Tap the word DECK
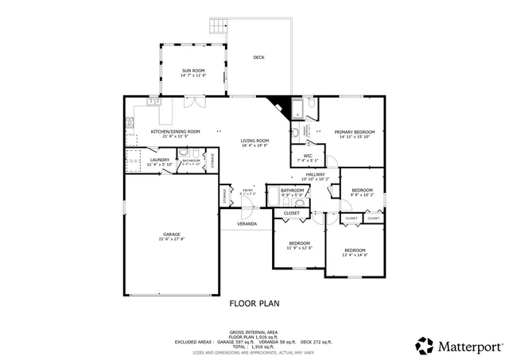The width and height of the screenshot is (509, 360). [258, 57]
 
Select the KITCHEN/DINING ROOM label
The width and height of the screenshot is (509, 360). [175, 131]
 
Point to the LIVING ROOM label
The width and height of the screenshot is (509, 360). [255, 141]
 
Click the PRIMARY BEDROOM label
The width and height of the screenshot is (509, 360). [354, 132]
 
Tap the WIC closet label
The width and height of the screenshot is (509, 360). [308, 156]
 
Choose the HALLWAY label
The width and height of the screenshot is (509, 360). [315, 174]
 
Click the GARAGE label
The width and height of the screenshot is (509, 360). [172, 234]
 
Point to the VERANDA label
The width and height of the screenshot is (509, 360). [247, 224]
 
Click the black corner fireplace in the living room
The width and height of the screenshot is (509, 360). [278, 104]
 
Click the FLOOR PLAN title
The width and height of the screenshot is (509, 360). [254, 303]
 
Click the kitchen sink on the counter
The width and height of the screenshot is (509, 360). [152, 102]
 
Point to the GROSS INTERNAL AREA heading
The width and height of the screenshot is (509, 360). [254, 331]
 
